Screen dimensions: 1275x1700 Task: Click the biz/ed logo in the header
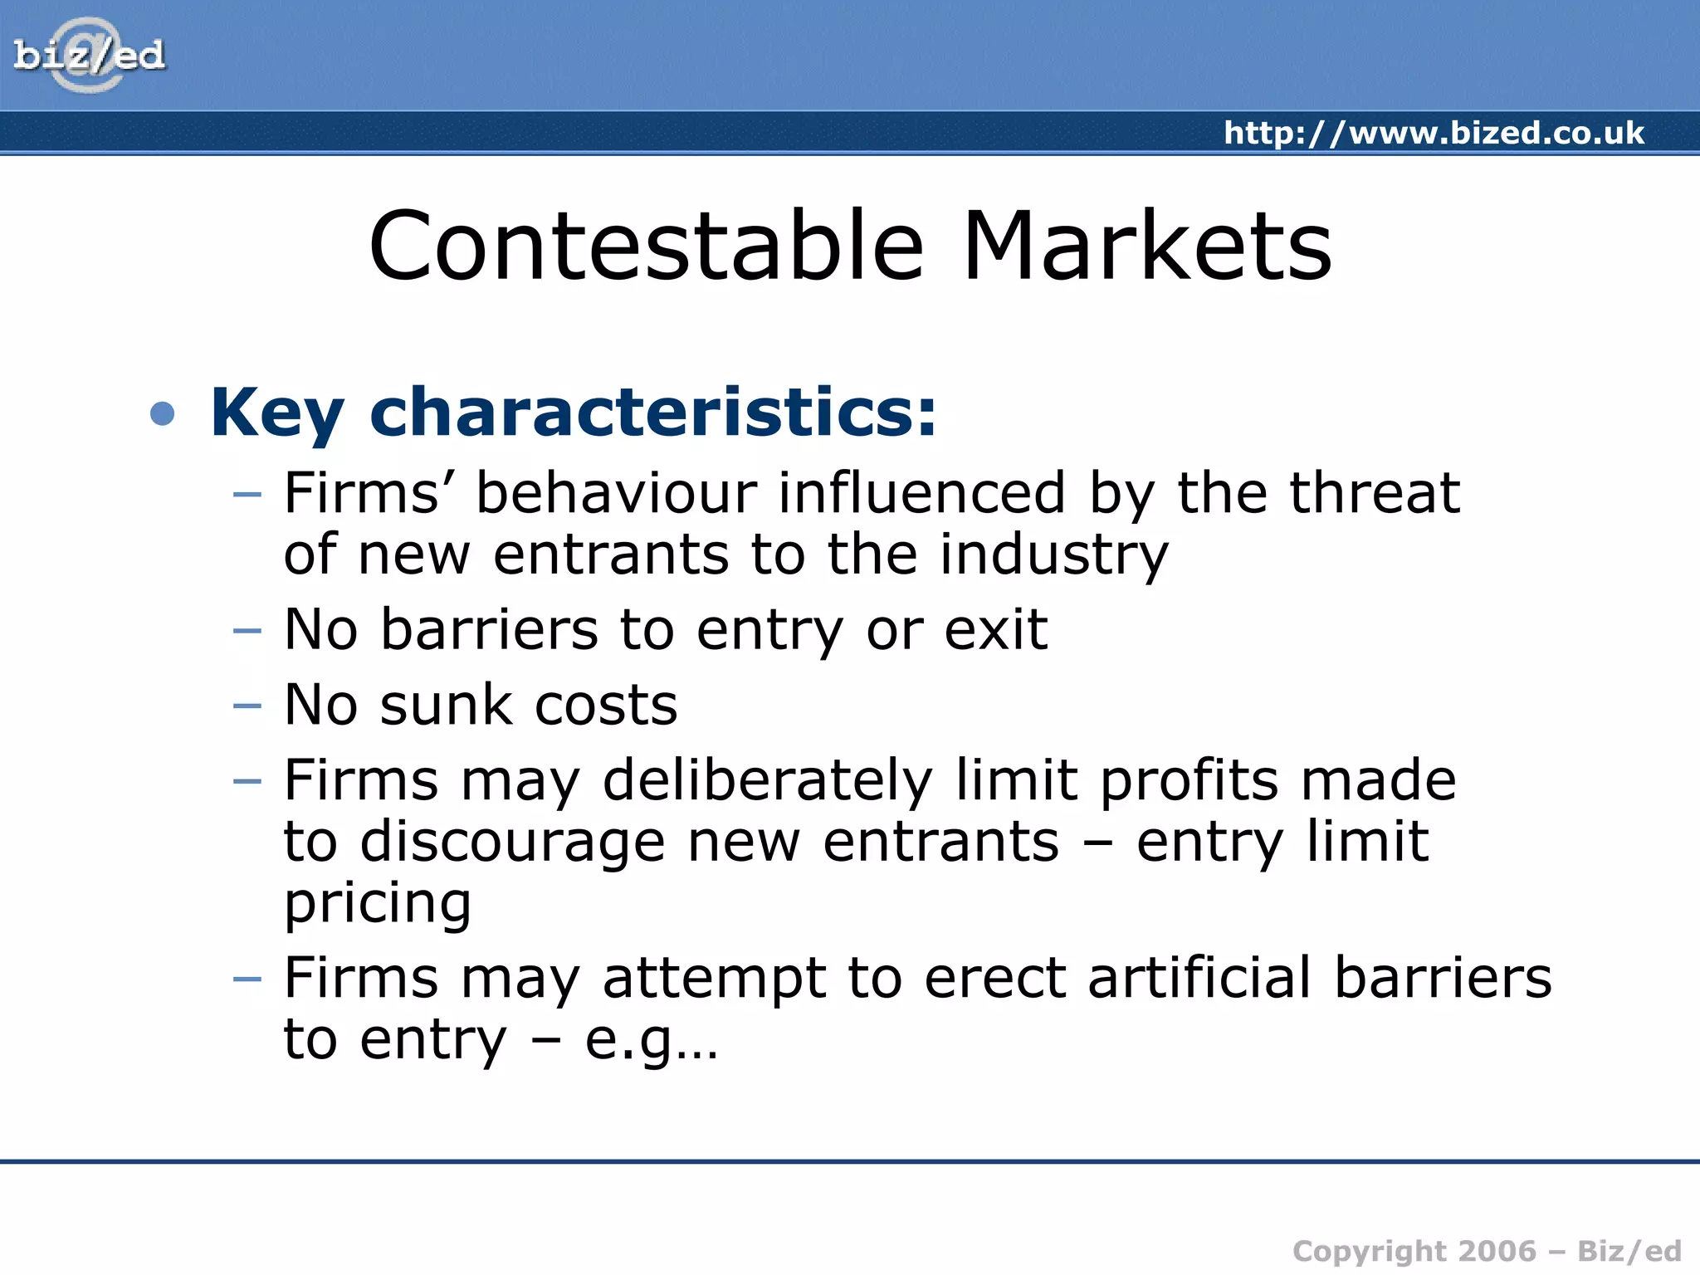(x=89, y=56)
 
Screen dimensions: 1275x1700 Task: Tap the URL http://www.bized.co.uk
(x=1434, y=133)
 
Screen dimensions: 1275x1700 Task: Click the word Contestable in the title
(x=646, y=247)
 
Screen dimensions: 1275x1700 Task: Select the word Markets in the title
(x=1146, y=247)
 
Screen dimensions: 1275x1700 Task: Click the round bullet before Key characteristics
(x=163, y=413)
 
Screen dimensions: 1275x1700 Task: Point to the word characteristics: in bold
(x=653, y=413)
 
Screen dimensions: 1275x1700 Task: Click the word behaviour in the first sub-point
(x=616, y=493)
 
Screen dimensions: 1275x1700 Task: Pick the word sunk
(x=446, y=705)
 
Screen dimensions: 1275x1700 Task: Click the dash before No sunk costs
(x=247, y=706)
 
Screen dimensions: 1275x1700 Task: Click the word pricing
(x=378, y=905)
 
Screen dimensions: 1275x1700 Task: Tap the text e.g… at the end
(x=651, y=1041)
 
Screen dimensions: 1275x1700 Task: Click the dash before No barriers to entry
(x=247, y=631)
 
